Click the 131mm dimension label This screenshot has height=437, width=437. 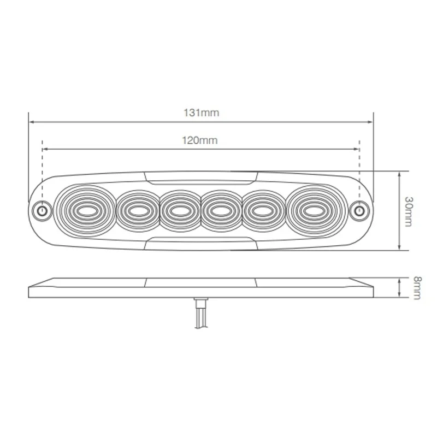coord(200,113)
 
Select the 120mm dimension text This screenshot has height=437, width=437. coord(200,140)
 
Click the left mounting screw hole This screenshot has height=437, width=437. coord(41,210)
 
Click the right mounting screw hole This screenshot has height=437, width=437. coord(359,210)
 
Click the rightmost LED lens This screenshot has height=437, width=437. coord(314,210)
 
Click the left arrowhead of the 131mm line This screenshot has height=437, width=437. coord(31,122)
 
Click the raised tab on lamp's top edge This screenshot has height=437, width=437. coord(200,175)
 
